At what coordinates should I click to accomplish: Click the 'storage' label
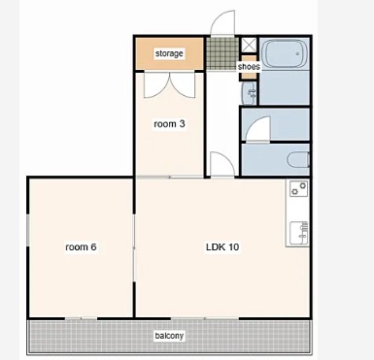pyautogui.click(x=169, y=53)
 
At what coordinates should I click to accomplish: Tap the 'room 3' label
pyautogui.click(x=169, y=123)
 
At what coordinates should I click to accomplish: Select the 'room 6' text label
pyautogui.click(x=81, y=247)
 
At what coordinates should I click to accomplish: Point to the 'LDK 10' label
pyautogui.click(x=222, y=247)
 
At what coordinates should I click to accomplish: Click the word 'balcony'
pyautogui.click(x=169, y=336)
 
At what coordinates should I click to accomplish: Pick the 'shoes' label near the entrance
pyautogui.click(x=249, y=67)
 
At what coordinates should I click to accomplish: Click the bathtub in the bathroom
pyautogui.click(x=285, y=53)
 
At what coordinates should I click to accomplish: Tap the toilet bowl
pyautogui.click(x=298, y=160)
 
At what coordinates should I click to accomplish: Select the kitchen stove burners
pyautogui.click(x=298, y=188)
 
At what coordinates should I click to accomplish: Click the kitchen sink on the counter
pyautogui.click(x=298, y=233)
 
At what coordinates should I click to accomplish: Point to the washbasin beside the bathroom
pyautogui.click(x=249, y=93)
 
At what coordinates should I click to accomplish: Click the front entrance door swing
pyautogui.click(x=222, y=22)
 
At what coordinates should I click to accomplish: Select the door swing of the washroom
pyautogui.click(x=258, y=129)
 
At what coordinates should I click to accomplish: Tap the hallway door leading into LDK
pyautogui.click(x=222, y=164)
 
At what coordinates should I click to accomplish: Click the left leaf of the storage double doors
pyautogui.click(x=156, y=84)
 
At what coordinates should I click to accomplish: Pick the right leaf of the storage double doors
pyautogui.click(x=183, y=84)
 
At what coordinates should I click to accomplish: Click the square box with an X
pyautogui.click(x=249, y=45)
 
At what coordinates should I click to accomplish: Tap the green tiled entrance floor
pyautogui.click(x=222, y=53)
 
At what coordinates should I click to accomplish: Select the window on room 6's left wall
pyautogui.click(x=28, y=230)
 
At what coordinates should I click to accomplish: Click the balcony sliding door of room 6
pyautogui.click(x=81, y=318)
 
